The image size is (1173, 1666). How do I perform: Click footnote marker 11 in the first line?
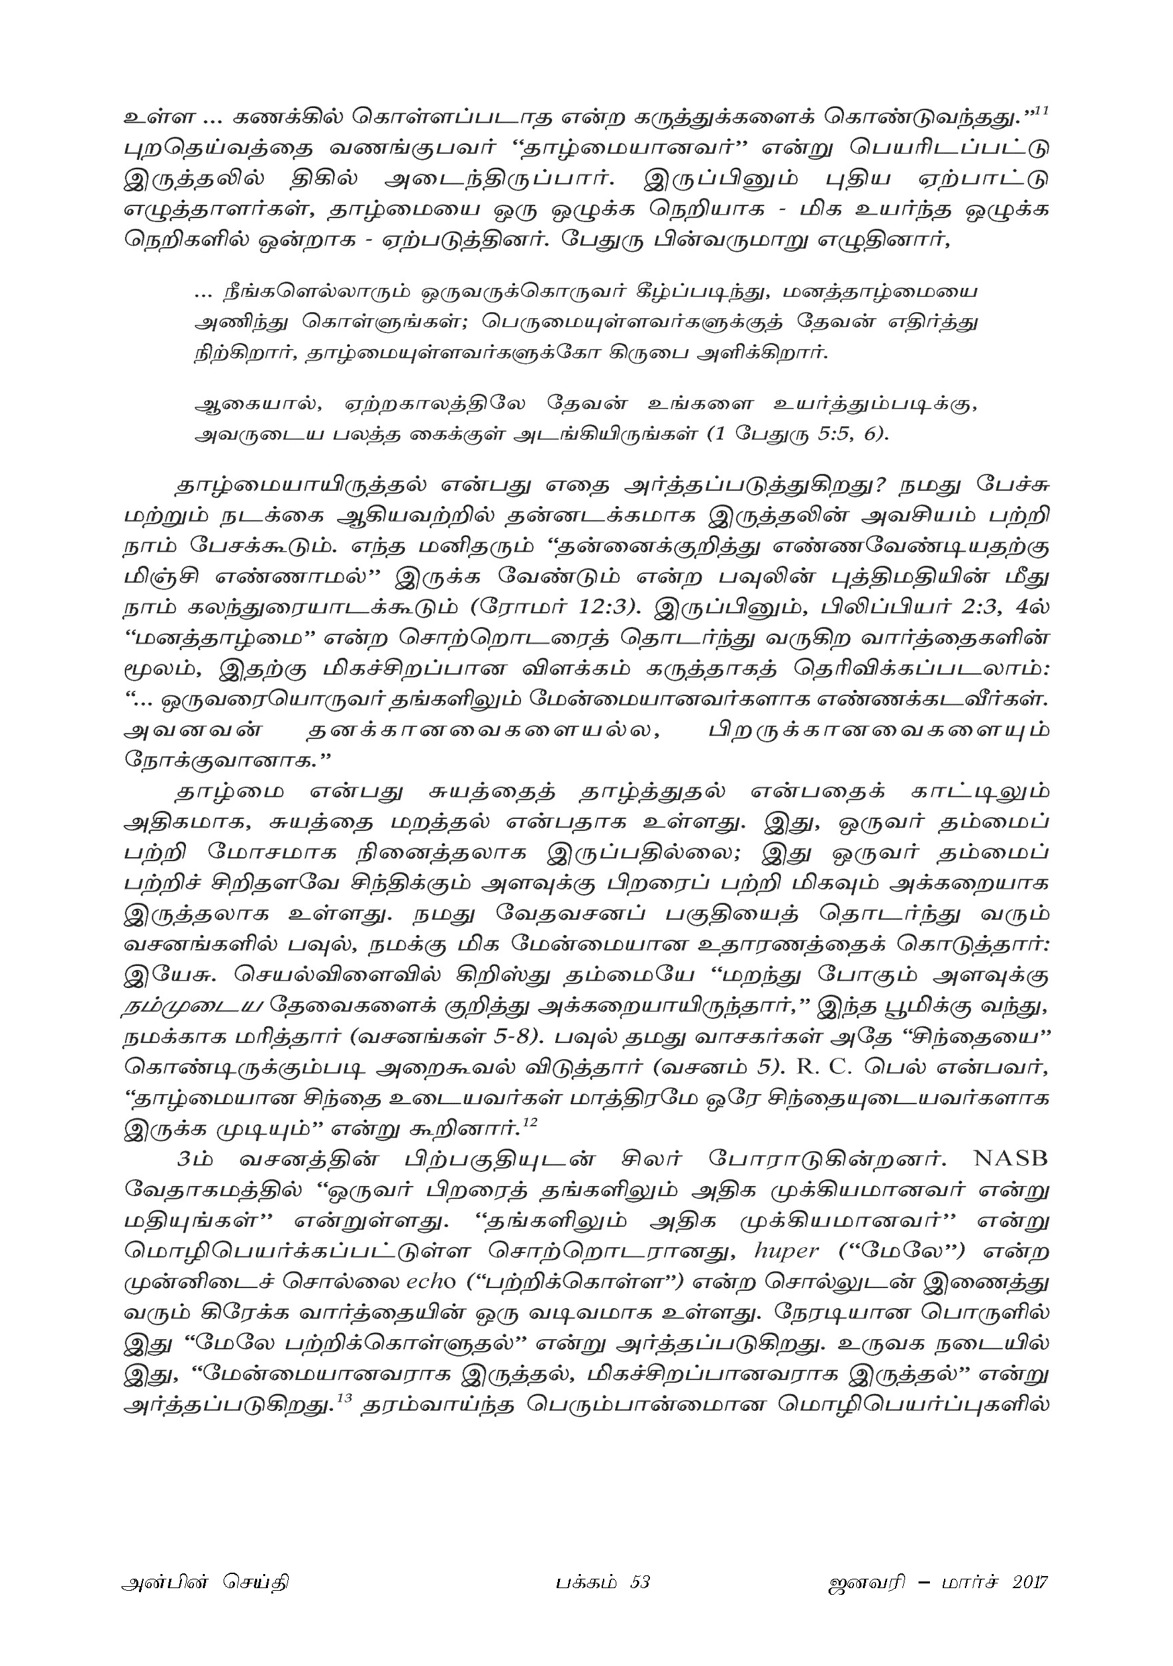(1041, 110)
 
